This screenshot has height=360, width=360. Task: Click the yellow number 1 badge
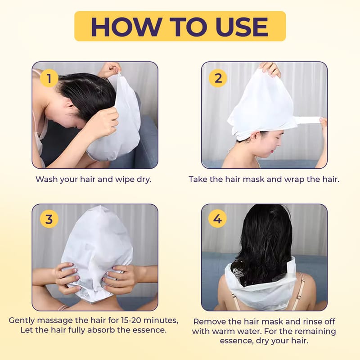(x=49, y=78)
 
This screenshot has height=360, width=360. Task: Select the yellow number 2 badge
(x=218, y=78)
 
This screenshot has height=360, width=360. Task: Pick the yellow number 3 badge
(x=49, y=219)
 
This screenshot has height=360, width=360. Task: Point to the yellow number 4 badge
(x=217, y=218)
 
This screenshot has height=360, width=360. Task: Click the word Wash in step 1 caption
(x=47, y=179)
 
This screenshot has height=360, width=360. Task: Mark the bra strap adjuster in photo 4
(x=299, y=297)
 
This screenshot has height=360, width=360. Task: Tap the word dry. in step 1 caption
(x=144, y=179)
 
